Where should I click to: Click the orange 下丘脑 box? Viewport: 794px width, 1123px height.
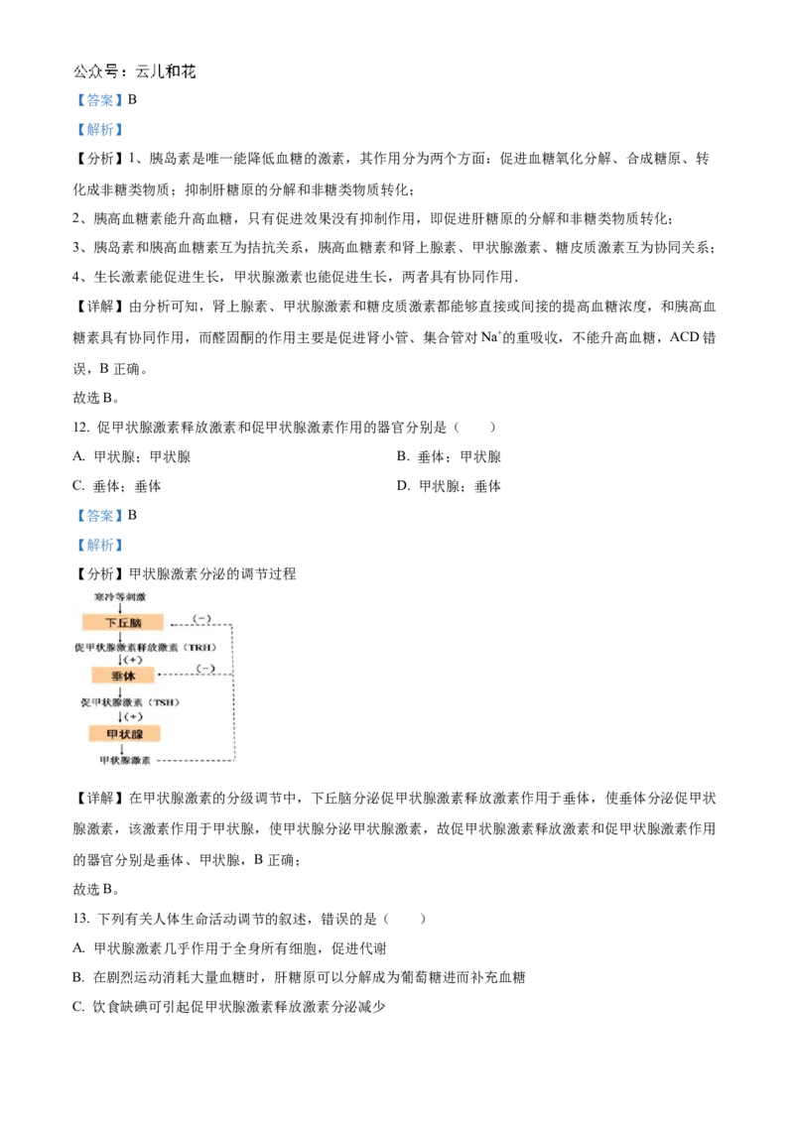pyautogui.click(x=122, y=622)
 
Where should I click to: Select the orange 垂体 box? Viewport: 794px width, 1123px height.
pyautogui.click(x=123, y=675)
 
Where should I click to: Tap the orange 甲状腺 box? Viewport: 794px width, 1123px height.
pyautogui.click(x=124, y=733)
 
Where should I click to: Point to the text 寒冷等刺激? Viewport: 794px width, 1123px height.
pyautogui.click(x=120, y=597)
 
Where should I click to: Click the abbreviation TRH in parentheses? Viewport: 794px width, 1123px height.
pyautogui.click(x=198, y=648)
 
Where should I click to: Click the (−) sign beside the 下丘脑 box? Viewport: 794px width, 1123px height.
pyautogui.click(x=200, y=619)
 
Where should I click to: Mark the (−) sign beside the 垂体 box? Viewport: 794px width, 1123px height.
pyautogui.click(x=205, y=669)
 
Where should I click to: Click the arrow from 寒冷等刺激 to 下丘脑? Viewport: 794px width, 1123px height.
pyautogui.click(x=121, y=608)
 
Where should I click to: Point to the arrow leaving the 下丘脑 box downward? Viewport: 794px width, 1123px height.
pyautogui.click(x=121, y=636)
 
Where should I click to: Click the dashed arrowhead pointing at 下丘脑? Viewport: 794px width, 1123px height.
pyautogui.click(x=172, y=625)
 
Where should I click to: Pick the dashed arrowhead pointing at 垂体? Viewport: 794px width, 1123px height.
pyautogui.click(x=162, y=676)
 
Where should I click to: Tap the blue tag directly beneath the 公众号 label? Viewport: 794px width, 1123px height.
pyautogui.click(x=99, y=99)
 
